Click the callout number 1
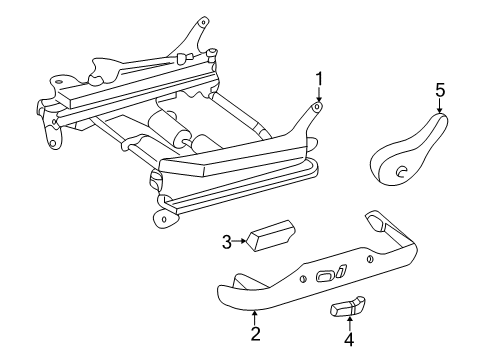click(319, 78)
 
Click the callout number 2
click(255, 333)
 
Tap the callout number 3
click(226, 240)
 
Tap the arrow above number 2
click(255, 315)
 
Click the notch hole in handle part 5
click(400, 172)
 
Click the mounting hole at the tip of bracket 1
click(317, 106)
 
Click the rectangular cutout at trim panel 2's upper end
click(377, 219)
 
